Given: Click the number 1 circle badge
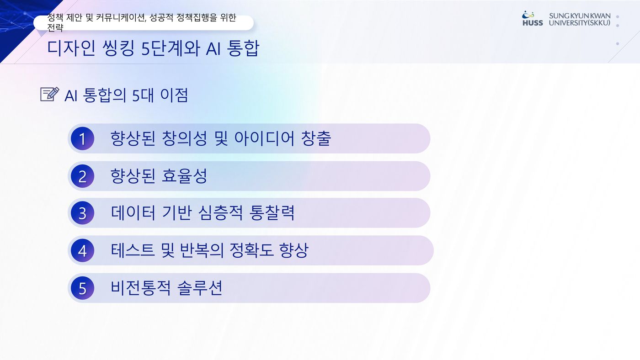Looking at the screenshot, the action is tap(83, 138).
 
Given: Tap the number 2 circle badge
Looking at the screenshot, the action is tap(83, 176).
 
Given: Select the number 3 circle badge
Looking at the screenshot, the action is tap(83, 213).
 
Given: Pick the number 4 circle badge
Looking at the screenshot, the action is tap(83, 251).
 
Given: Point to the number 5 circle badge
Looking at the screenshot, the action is tap(83, 288).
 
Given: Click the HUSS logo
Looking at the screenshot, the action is tap(533, 19).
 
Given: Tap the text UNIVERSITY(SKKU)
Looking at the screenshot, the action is tap(580, 23).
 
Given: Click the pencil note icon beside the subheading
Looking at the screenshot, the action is tap(50, 94).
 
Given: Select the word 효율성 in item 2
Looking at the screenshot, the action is tap(184, 175).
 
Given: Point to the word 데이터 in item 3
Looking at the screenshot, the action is tap(133, 213).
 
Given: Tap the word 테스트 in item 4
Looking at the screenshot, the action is tap(133, 250).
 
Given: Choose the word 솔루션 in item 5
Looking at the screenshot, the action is tap(200, 287).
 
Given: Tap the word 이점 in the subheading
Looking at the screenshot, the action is tap(174, 95).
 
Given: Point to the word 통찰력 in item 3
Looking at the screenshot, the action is tap(272, 213).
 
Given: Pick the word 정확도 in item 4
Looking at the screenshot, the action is tap(252, 250).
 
